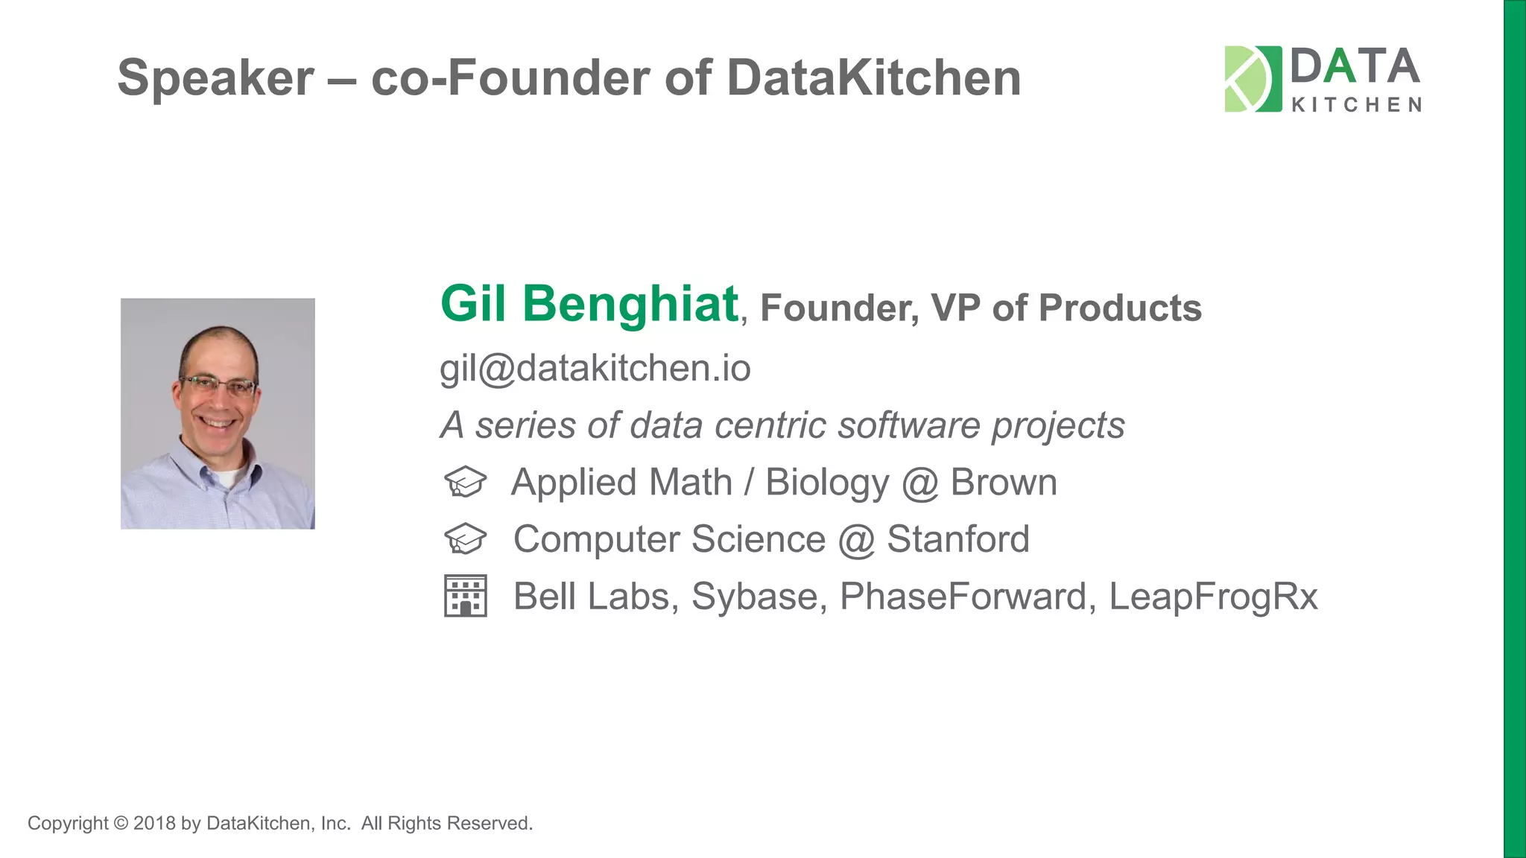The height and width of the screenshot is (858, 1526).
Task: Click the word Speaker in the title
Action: coord(215,78)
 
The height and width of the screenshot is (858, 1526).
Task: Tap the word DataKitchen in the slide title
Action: coord(873,78)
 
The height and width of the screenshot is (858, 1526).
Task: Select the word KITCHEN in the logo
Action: coord(1355,105)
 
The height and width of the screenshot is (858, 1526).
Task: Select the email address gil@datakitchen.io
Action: coord(595,368)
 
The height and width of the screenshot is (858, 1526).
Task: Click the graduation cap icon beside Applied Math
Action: coord(465,482)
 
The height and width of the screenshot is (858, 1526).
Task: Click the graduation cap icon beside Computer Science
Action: coord(465,538)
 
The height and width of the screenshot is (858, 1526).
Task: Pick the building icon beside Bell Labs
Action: coord(465,596)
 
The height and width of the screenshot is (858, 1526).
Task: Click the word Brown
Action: coord(1003,482)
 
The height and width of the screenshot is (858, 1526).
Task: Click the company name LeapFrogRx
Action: coord(1213,596)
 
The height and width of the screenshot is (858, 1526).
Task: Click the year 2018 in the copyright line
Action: coord(154,823)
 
